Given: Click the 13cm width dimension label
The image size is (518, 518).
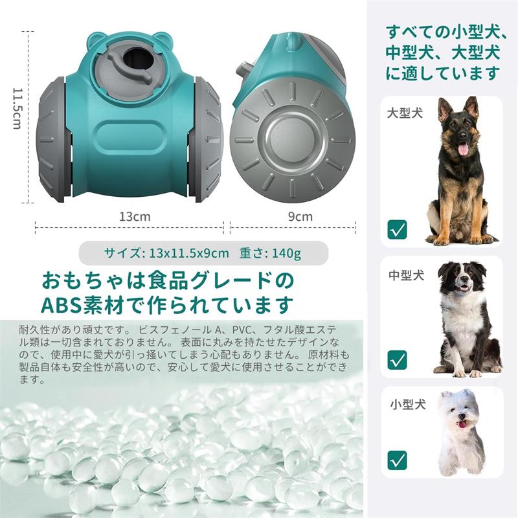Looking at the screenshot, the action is click(x=135, y=217).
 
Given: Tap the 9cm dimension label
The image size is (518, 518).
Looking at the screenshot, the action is click(x=300, y=217).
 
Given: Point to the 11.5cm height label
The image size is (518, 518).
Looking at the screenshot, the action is click(x=17, y=108).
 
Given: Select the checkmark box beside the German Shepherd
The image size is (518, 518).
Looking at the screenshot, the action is click(x=398, y=229).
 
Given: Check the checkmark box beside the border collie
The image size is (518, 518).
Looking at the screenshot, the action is click(x=398, y=359).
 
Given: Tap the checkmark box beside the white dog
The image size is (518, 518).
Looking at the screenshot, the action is click(x=398, y=460).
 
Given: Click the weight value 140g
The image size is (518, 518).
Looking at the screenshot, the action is click(x=286, y=253).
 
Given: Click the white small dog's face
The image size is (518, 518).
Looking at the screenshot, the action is click(x=460, y=414).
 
